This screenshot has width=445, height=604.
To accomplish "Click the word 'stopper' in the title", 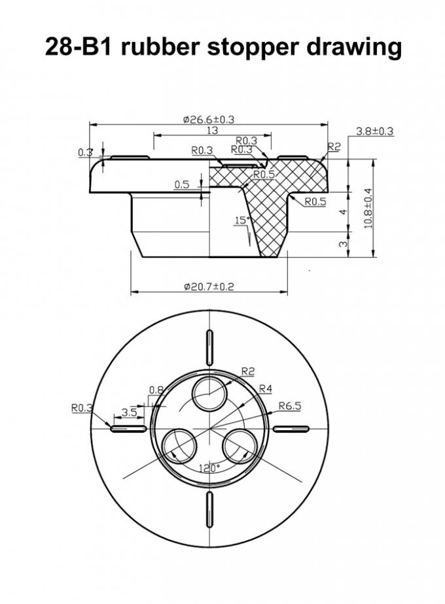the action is click(253, 46).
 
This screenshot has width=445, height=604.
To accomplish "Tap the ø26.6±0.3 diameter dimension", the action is click(209, 119).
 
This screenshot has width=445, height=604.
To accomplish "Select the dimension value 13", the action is click(212, 131).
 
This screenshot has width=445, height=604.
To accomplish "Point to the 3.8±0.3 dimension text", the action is click(374, 131).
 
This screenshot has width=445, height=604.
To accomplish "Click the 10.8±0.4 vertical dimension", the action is click(368, 209).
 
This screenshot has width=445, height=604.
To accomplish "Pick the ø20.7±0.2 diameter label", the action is click(209, 286).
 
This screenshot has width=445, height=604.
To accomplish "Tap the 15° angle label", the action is click(242, 221).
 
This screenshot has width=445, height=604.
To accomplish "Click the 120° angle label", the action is click(209, 469).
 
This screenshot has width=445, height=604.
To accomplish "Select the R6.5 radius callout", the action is click(290, 406).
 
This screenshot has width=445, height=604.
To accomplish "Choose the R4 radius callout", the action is click(265, 389).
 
